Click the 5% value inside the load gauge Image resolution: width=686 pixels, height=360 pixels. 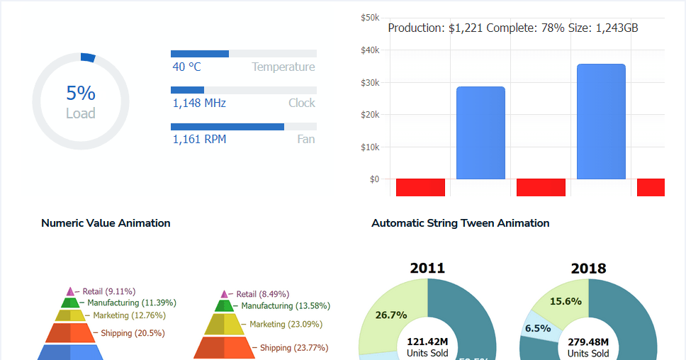pyautogui.click(x=81, y=94)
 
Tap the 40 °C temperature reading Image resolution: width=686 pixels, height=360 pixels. pyautogui.click(x=187, y=67)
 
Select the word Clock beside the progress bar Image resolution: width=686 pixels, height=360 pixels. pyautogui.click(x=301, y=103)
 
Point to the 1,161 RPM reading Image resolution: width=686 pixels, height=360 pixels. pyautogui.click(x=199, y=140)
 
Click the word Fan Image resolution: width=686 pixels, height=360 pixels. pyautogui.click(x=305, y=140)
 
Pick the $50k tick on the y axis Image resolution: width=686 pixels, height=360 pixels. pyautogui.click(x=370, y=17)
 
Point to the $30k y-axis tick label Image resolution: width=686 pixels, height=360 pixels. pyautogui.click(x=370, y=83)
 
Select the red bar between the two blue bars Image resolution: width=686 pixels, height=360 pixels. pyautogui.click(x=541, y=187)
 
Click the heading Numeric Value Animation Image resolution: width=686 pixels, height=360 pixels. pyautogui.click(x=106, y=223)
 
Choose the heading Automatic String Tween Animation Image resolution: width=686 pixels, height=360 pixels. pyautogui.click(x=460, y=223)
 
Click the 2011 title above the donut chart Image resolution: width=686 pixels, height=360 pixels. pyautogui.click(x=427, y=268)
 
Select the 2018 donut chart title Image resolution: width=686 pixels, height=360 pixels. pyautogui.click(x=588, y=269)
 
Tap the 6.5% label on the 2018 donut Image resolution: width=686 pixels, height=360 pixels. pyautogui.click(x=538, y=328)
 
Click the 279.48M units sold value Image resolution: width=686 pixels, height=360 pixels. pyautogui.click(x=588, y=342)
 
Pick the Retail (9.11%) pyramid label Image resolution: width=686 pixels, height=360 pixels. pyautogui.click(x=108, y=291)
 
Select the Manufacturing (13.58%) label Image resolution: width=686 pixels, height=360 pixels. pyautogui.click(x=285, y=306)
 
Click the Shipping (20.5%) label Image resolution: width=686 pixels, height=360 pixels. pyautogui.click(x=133, y=333)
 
